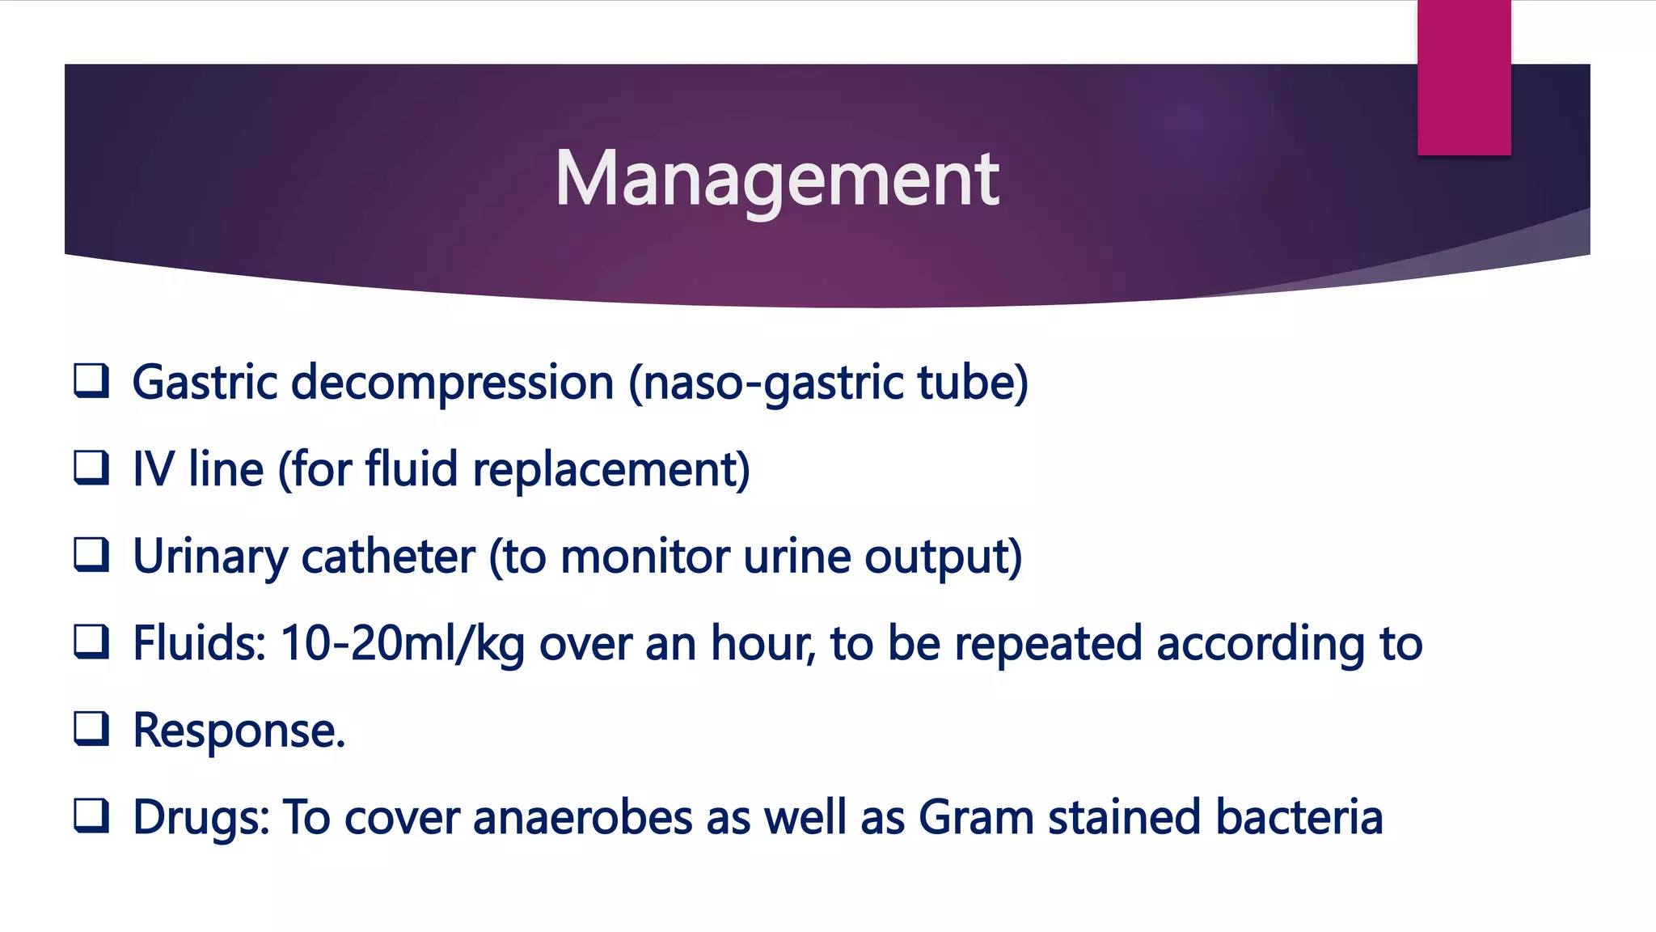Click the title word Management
(x=776, y=180)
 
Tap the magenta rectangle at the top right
(x=1464, y=78)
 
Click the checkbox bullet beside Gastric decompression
(x=91, y=381)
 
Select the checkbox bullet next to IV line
(x=91, y=468)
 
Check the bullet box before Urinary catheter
(x=91, y=555)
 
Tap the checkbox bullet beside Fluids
(x=91, y=642)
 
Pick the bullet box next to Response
(x=91, y=729)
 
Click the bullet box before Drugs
(x=91, y=816)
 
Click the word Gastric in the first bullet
(x=205, y=382)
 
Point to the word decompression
(x=452, y=382)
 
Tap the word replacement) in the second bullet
(x=610, y=469)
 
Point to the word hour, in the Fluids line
(x=763, y=644)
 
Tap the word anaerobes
(x=582, y=817)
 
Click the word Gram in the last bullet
(x=976, y=817)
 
